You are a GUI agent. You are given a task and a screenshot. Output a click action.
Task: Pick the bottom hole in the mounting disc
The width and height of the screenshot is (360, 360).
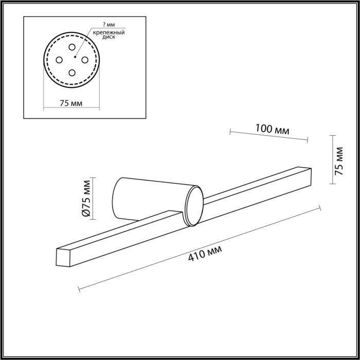click(x=71, y=73)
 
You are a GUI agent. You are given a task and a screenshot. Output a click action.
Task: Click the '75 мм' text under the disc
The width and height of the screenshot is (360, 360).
click(x=71, y=102)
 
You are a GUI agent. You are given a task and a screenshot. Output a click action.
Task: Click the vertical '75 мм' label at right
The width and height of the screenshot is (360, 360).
click(x=338, y=161)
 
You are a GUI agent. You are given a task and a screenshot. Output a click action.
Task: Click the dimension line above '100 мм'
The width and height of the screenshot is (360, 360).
click(x=268, y=135)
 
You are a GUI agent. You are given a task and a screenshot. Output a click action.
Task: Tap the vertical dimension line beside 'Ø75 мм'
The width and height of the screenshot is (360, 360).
click(x=93, y=199)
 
